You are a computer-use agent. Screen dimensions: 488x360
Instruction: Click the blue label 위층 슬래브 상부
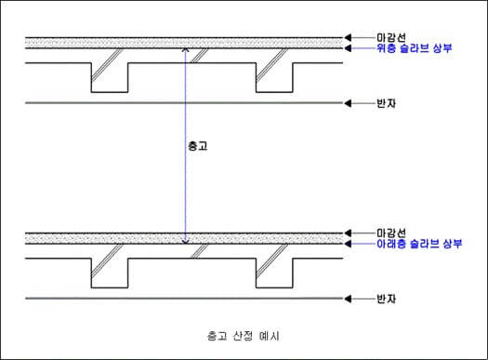tap(414, 47)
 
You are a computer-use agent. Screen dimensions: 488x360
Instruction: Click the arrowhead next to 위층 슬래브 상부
tap(349, 47)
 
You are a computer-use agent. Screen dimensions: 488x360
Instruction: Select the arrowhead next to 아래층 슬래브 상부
tap(349, 243)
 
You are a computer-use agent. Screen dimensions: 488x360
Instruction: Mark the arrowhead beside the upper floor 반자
tap(349, 102)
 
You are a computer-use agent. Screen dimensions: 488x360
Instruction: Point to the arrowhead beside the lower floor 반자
tap(349, 299)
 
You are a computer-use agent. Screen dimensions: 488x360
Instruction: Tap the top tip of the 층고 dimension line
tap(186, 48)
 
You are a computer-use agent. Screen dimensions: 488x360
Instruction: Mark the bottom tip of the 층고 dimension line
tap(186, 244)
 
